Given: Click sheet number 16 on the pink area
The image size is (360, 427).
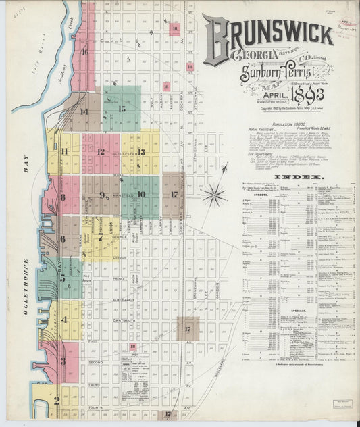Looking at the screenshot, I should pos(85,51).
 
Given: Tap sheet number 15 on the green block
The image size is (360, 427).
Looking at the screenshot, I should pos(122,108).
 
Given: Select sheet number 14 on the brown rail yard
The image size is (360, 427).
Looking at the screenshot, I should pos(84,111).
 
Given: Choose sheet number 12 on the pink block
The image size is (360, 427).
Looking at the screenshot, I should pos(101,152).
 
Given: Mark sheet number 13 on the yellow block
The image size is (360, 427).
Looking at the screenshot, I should pos(141,152).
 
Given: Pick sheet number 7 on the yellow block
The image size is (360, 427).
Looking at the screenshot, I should pos(101,238).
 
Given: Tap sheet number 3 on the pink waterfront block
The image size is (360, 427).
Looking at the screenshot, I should pos(63,361).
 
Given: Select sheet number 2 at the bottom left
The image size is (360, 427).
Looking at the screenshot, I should pos(57,400).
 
